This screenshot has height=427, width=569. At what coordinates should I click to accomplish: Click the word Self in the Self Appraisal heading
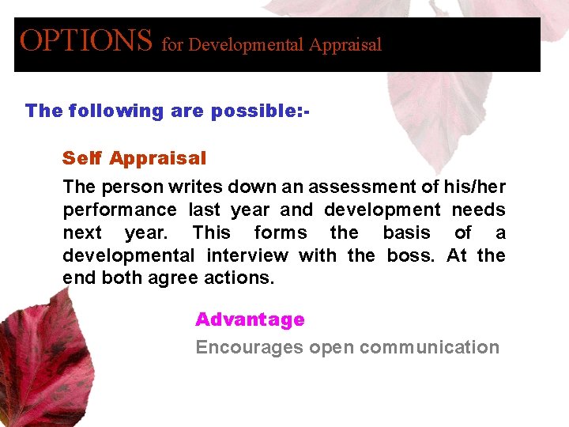pyautogui.click(x=82, y=158)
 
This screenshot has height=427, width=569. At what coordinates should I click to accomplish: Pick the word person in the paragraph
pyautogui.click(x=125, y=187)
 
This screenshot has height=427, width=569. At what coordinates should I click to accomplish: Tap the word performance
pyautogui.click(x=119, y=210)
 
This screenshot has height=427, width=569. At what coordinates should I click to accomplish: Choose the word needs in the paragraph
pyautogui.click(x=478, y=210)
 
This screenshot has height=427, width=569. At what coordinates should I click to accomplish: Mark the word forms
pyautogui.click(x=281, y=233)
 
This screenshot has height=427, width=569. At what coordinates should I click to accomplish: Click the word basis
pyautogui.click(x=406, y=233)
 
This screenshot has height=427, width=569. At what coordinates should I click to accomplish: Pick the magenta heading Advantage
pyautogui.click(x=250, y=319)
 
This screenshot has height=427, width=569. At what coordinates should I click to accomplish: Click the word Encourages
pyautogui.click(x=249, y=348)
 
